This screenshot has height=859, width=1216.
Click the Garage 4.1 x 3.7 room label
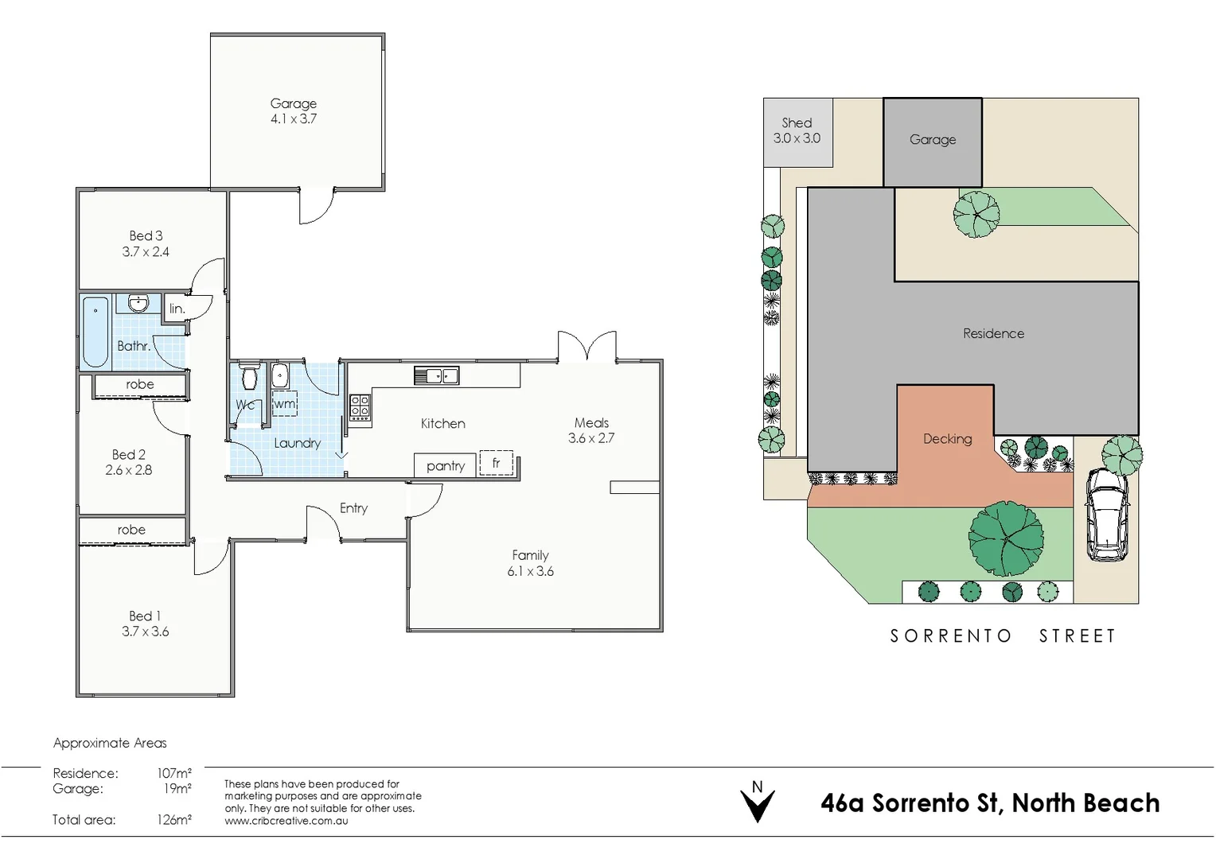[x=293, y=111]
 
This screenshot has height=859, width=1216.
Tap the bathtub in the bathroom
[x=95, y=332]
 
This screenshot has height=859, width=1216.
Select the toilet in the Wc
[x=250, y=377]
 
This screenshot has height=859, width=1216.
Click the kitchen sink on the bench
[x=436, y=375]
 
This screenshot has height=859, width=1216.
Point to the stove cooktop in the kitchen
[x=360, y=407]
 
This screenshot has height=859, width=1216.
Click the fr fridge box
[x=497, y=463]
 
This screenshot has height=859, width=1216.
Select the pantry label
[x=445, y=466]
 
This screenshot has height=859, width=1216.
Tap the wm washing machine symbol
[x=284, y=403]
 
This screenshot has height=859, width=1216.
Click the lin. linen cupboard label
[x=177, y=309]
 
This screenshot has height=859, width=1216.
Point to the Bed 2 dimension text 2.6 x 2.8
[x=128, y=470]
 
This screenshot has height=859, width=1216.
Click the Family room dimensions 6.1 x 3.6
[x=530, y=571]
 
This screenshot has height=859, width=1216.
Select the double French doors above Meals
[x=587, y=348]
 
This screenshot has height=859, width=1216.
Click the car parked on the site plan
[x=1106, y=515]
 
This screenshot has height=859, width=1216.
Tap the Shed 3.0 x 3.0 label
[x=797, y=130]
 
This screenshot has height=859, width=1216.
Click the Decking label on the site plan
[x=947, y=438]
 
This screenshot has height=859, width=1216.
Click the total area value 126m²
[x=173, y=820]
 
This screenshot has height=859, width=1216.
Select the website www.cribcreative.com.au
[x=286, y=821]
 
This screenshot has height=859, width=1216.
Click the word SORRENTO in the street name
[x=950, y=636]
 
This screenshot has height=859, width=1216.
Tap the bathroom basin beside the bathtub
[x=138, y=303]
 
